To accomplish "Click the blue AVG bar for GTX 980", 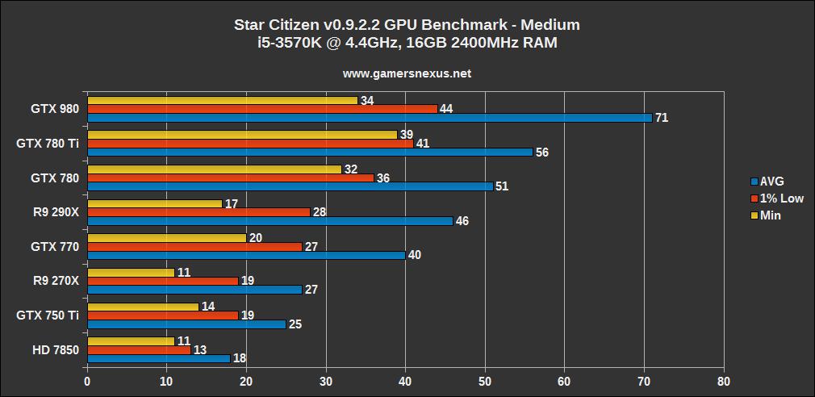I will pos(370,118).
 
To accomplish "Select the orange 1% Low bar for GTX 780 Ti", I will pos(250,143).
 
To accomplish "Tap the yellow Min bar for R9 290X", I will pos(154,203).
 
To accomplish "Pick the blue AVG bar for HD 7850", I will pos(159,357).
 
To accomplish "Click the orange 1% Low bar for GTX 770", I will pos(194,246).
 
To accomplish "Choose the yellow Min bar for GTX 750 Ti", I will pos(143,307).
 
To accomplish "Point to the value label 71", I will pos(662,118).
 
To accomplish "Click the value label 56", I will pos(542,153).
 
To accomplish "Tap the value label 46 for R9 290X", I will pos(462,220).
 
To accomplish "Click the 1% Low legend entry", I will pos(776,198).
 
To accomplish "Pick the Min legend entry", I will pos(770,215).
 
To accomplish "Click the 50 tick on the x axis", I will pos(485,380).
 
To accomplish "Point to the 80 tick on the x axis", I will pos(724,380).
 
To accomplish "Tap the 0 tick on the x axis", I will pos(87,380).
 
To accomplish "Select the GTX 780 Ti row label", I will pos(48,144).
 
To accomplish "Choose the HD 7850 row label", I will pos(54,349).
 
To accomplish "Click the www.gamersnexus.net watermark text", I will pos(407,73).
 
